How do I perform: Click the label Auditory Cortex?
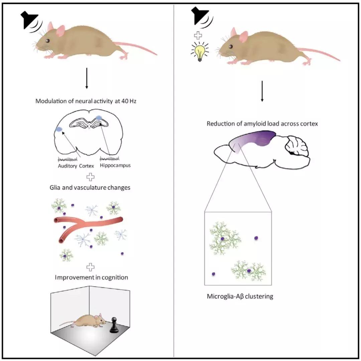click(75, 165)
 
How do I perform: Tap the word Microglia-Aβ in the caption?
click(224, 296)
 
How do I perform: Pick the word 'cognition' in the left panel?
click(115, 277)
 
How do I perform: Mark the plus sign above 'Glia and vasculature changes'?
click(90, 177)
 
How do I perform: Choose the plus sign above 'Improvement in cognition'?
click(90, 267)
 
